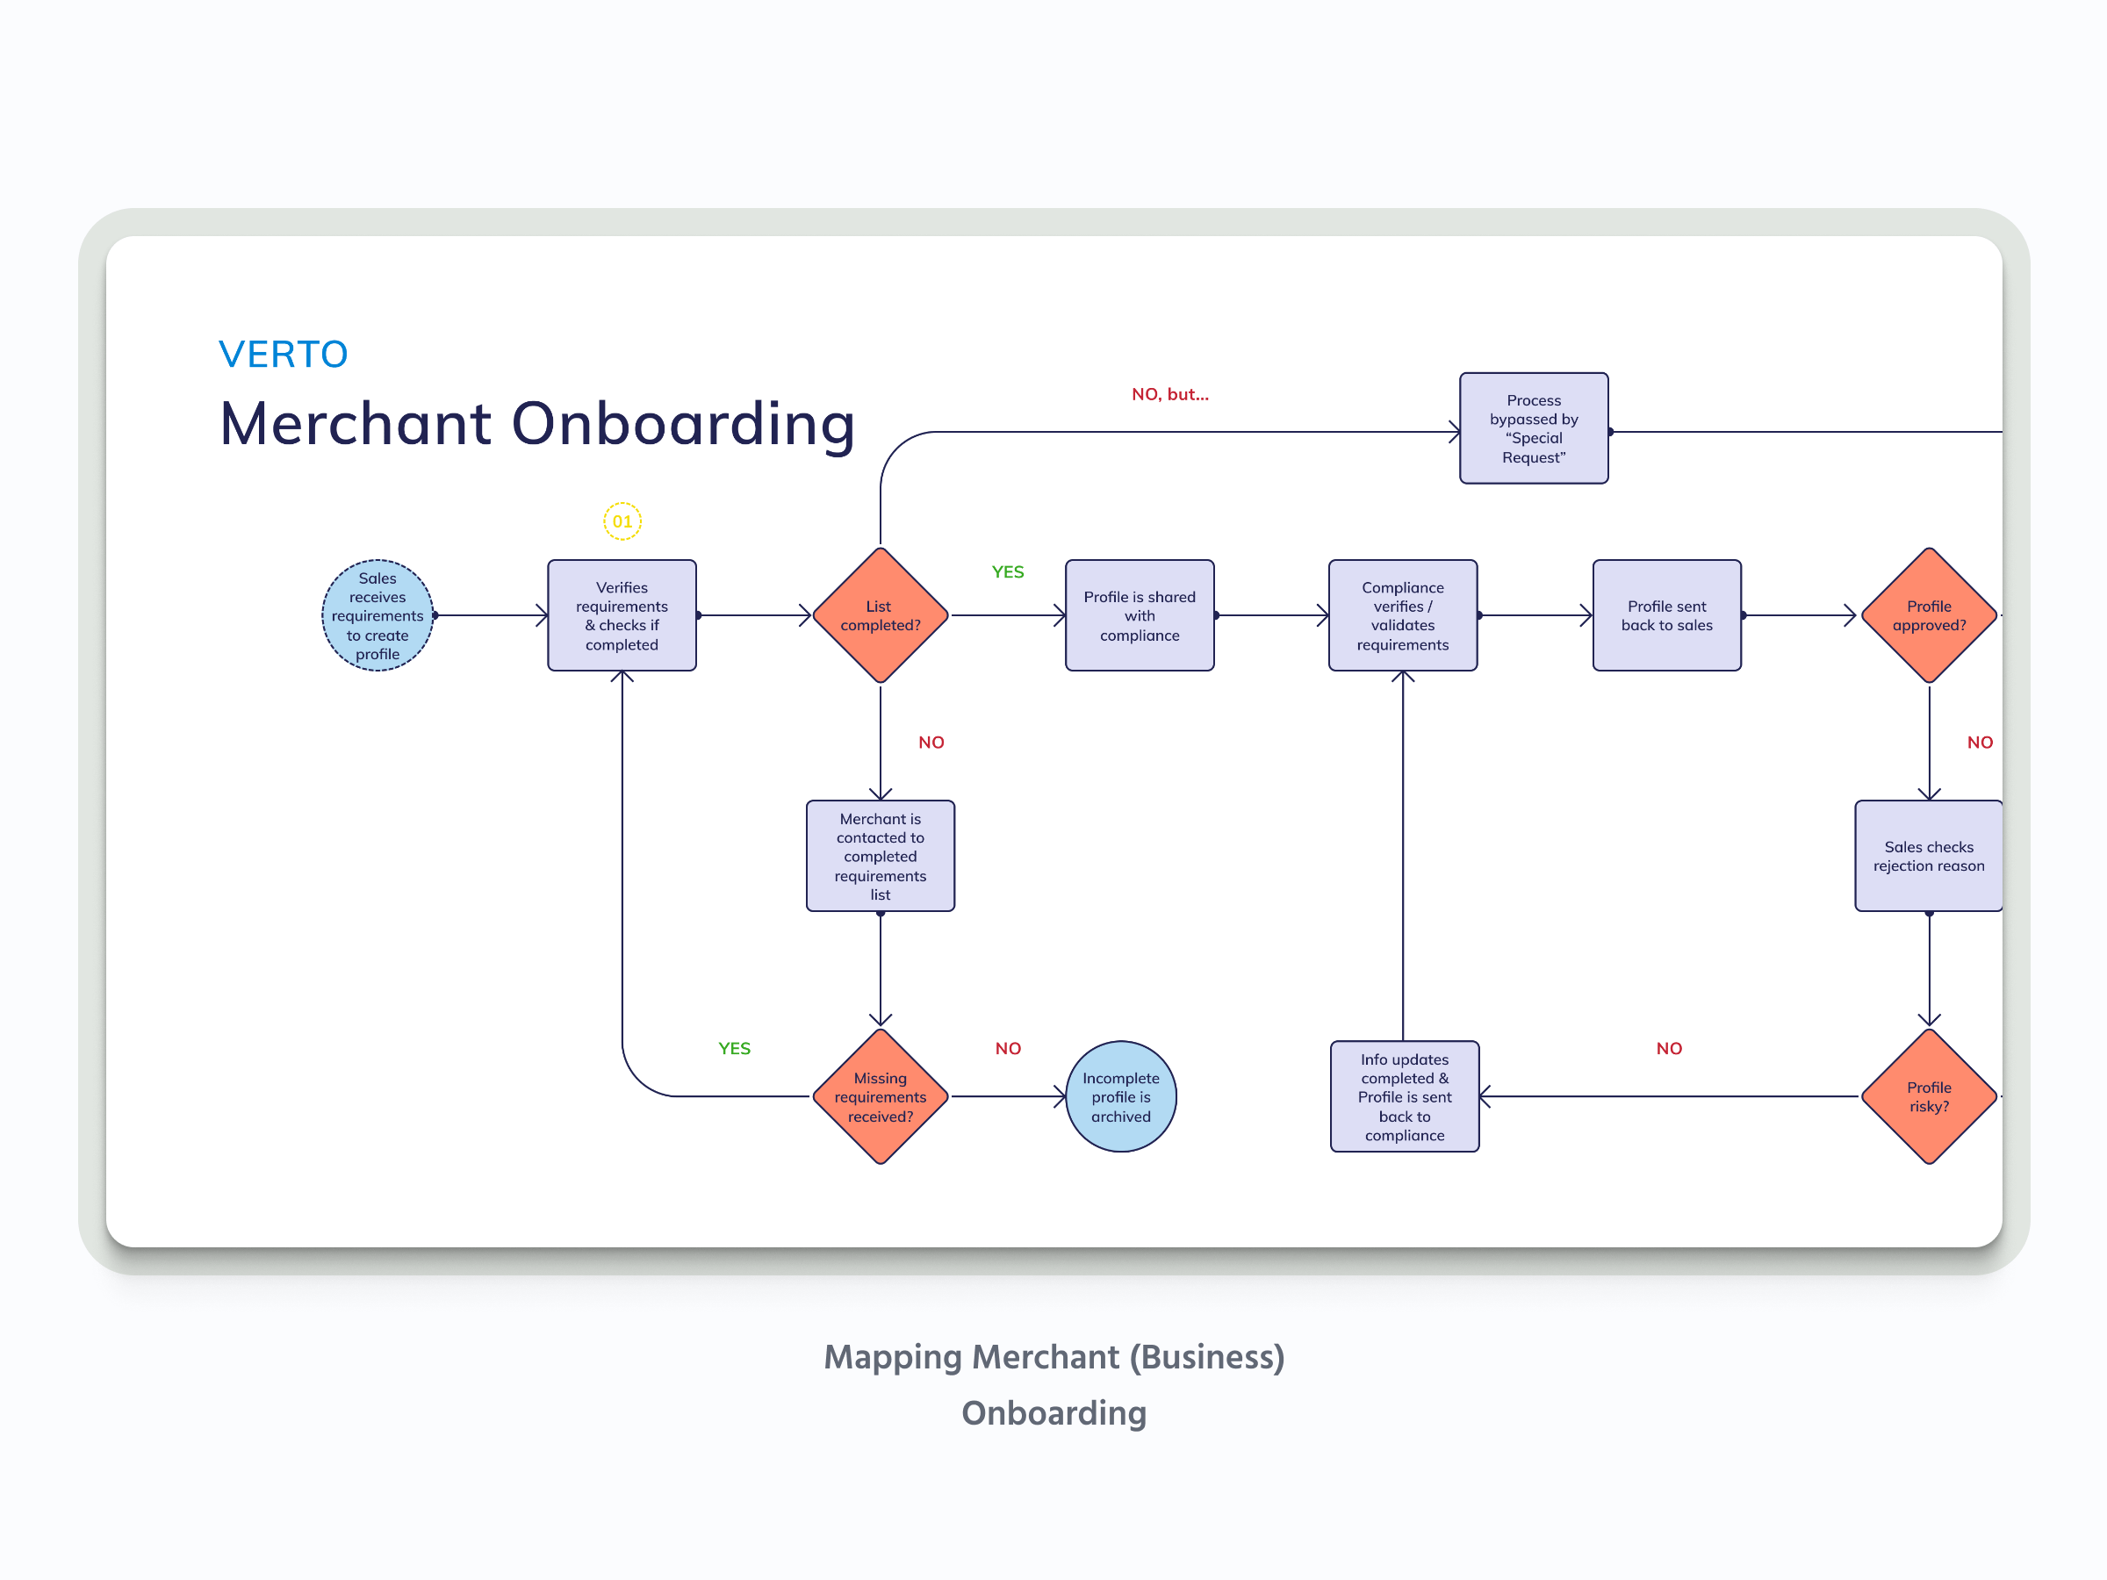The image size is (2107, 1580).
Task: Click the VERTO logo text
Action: (283, 355)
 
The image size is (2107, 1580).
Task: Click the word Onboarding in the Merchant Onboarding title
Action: (683, 423)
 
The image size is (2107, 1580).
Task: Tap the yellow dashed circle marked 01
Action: (622, 521)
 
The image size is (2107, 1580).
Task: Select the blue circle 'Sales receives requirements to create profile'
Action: (378, 615)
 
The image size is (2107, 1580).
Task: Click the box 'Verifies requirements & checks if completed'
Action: (622, 615)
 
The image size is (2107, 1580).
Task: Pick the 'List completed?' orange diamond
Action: (881, 615)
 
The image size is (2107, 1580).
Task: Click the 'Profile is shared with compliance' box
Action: (1140, 615)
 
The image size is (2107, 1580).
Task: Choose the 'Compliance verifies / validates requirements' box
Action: (1402, 615)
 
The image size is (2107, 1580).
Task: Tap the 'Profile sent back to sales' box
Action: (1666, 615)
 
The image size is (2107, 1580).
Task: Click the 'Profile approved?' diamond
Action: (1928, 615)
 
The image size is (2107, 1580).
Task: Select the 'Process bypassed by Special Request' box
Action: (1534, 428)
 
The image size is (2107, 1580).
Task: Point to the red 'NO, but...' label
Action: (1169, 394)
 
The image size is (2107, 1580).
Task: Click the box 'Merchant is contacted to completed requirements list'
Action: (881, 855)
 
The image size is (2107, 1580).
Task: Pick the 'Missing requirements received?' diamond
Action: (881, 1096)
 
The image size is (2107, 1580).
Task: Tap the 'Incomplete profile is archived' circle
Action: (1120, 1096)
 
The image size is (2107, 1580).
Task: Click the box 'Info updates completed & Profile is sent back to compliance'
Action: (1404, 1096)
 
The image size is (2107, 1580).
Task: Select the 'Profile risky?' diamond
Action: (1928, 1096)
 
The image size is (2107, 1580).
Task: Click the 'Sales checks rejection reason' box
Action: (1928, 855)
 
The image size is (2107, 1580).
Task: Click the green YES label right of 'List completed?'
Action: (1008, 571)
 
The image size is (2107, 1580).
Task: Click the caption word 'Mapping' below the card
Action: (893, 1356)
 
